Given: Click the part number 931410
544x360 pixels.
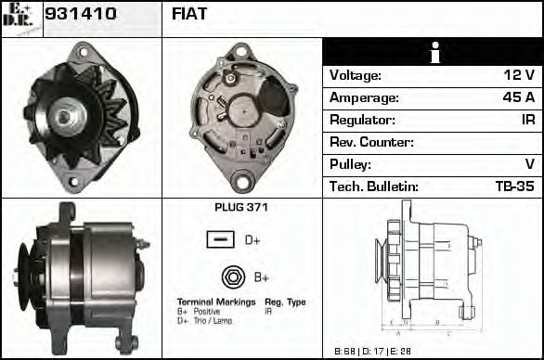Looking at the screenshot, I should click(x=81, y=14).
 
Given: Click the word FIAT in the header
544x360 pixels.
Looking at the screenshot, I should click(x=189, y=14).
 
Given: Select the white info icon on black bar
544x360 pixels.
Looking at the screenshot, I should click(x=434, y=53).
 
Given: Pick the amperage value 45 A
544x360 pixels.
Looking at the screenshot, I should click(x=517, y=97).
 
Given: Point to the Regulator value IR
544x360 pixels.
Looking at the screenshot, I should click(x=526, y=120).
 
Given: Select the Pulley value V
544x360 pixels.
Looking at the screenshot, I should click(x=529, y=164).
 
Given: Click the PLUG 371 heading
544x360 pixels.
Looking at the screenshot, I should click(x=241, y=207).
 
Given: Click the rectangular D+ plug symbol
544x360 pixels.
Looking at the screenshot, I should click(x=220, y=240).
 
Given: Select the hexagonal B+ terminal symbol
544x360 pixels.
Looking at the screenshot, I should click(x=232, y=276).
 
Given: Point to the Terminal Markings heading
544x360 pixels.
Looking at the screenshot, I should click(x=216, y=302).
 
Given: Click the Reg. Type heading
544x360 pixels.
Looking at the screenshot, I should click(x=285, y=302).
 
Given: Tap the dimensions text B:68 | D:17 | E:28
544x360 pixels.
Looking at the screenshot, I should click(x=371, y=351).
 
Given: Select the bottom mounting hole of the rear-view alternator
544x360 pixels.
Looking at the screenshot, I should click(x=242, y=181).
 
